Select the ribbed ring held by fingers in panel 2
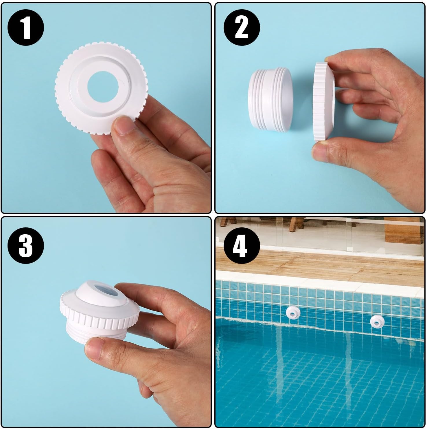[x=325, y=102]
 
